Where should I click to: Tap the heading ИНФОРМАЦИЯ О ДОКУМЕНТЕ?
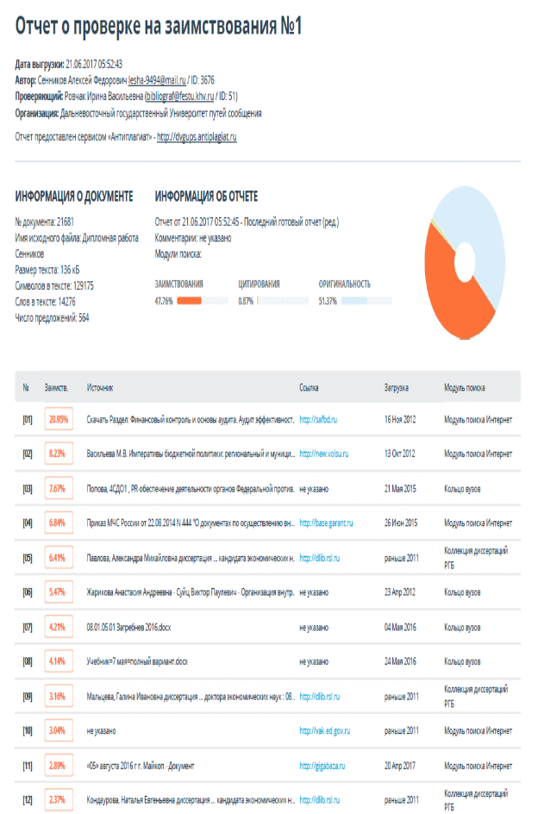point(74,197)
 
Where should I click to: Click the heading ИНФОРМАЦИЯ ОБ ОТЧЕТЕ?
point(206,197)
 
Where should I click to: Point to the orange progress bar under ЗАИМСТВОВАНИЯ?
point(189,301)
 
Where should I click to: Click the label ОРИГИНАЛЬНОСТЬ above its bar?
point(345,283)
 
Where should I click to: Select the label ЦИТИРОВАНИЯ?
point(259,283)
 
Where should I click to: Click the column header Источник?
point(100,388)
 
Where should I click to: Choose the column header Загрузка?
point(396,388)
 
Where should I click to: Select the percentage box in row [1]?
point(58,420)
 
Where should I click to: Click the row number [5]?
point(28,558)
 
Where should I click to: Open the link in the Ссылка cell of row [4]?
point(327,523)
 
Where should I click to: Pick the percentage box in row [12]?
point(58,800)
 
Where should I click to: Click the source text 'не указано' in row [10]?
point(102,731)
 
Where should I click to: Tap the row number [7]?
point(28,627)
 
